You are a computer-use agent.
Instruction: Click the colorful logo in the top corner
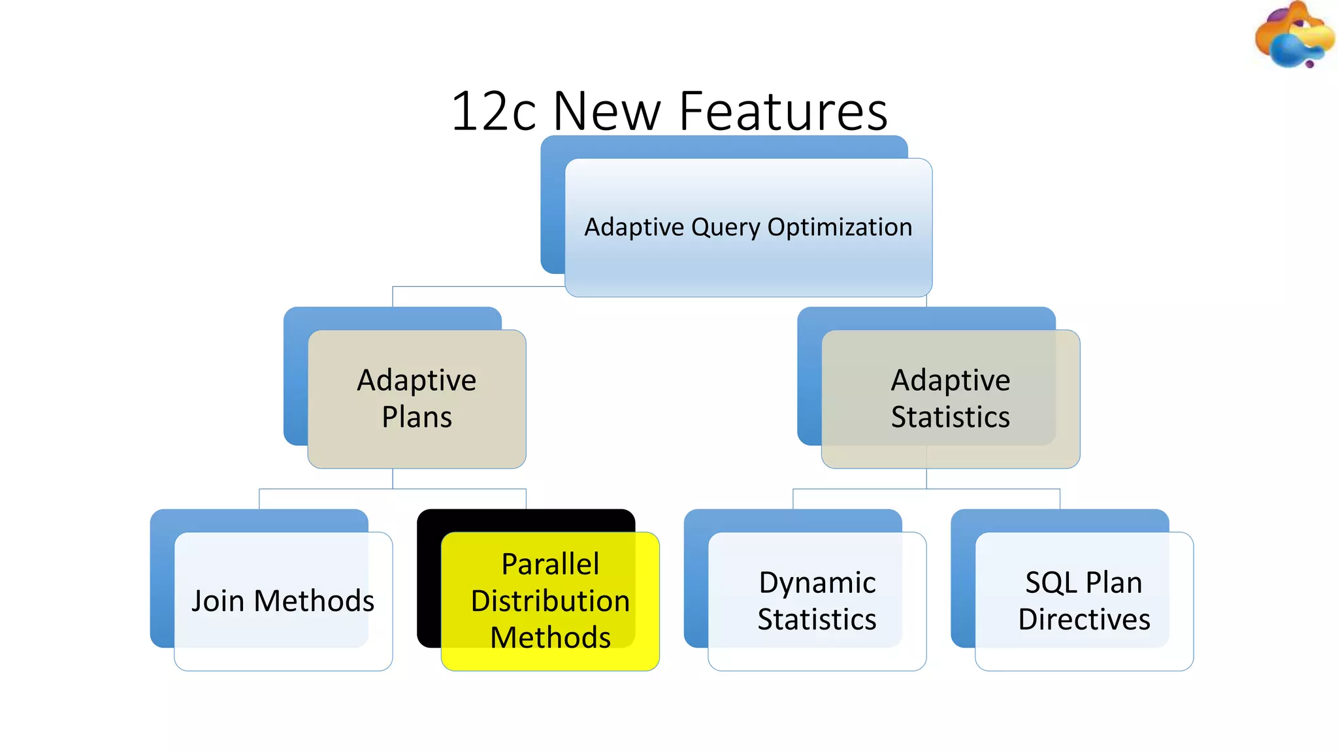tap(1294, 36)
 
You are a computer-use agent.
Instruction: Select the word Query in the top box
tap(726, 227)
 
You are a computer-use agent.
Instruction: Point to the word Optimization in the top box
tap(840, 227)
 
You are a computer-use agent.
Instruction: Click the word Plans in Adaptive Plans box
tap(417, 417)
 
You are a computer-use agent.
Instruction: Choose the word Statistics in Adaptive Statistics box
tap(951, 417)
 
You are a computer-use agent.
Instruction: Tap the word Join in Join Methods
tap(218, 601)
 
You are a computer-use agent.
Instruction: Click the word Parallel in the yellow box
tap(550, 564)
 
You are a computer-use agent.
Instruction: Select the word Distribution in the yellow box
tap(550, 601)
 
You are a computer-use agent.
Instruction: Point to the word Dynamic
tap(817, 582)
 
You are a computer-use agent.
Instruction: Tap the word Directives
tap(1084, 619)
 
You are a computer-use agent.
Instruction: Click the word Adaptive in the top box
tap(634, 227)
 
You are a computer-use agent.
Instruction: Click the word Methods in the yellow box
tap(550, 638)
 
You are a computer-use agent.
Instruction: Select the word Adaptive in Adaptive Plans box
tap(417, 380)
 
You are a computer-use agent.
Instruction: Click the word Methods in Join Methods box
tap(314, 601)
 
